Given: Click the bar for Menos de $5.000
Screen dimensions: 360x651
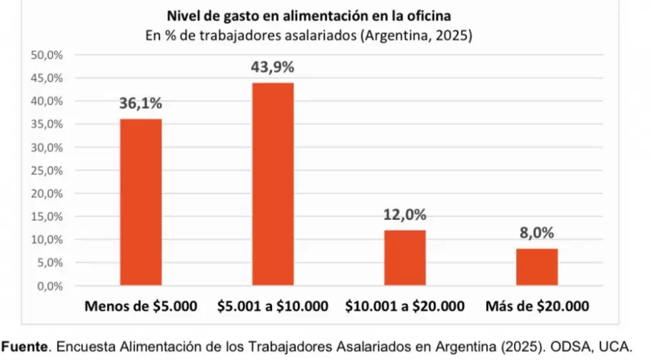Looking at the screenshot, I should click(x=141, y=202).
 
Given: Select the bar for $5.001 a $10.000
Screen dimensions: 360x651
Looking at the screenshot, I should click(x=273, y=184).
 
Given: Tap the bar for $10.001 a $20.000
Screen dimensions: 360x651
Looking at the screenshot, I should click(x=405, y=258).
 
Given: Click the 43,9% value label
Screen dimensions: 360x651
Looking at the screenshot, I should click(x=273, y=68).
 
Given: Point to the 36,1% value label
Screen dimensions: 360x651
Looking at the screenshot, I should click(x=141, y=104).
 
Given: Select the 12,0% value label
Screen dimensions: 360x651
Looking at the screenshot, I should click(x=405, y=215).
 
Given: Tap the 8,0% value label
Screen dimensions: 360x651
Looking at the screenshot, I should click(x=537, y=234).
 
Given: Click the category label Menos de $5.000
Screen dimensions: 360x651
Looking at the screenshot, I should click(x=141, y=307).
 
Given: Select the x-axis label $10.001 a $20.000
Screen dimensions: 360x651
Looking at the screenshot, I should click(x=405, y=307).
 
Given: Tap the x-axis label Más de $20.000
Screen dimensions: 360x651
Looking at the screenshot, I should click(x=537, y=307).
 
